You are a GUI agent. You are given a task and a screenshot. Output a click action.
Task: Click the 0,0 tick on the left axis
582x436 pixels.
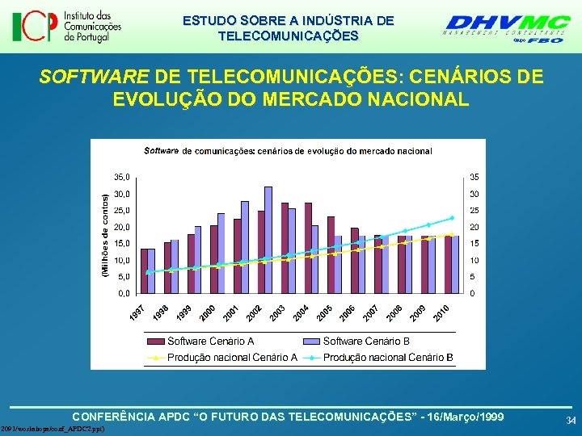click(x=121, y=293)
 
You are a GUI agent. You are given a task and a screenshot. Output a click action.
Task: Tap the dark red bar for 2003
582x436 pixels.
click(x=285, y=247)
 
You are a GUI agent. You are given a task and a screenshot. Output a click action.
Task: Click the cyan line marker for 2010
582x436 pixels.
click(x=452, y=218)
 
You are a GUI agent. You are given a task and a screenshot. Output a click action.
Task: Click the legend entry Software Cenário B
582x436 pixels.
click(x=365, y=342)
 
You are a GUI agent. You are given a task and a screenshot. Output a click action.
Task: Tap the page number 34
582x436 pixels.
click(x=571, y=421)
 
